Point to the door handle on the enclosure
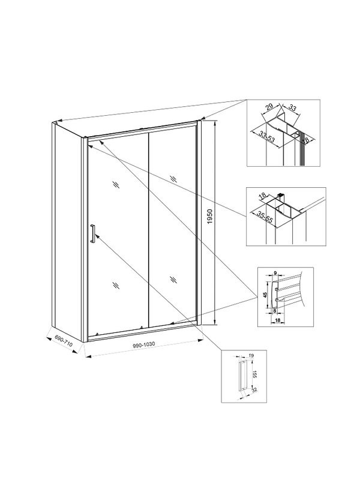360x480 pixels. (x=92, y=233)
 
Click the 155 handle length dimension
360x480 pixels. (x=253, y=375)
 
